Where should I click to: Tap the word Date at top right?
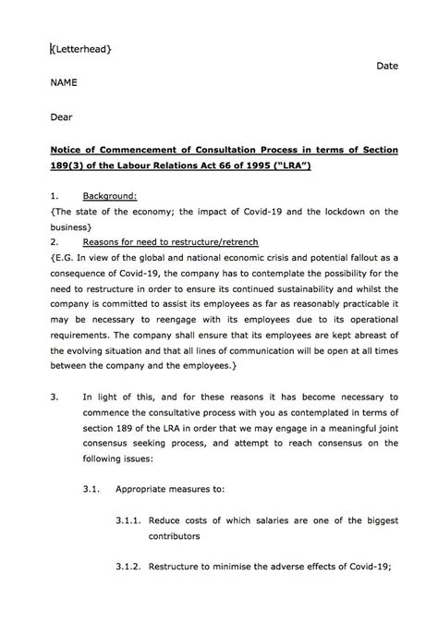(387, 67)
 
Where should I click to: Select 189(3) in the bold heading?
(67, 166)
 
